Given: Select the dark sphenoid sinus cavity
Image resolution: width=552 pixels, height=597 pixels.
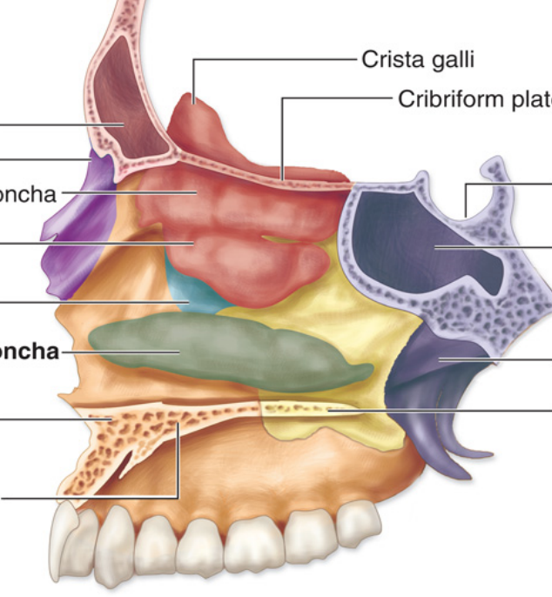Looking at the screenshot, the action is (x=435, y=244).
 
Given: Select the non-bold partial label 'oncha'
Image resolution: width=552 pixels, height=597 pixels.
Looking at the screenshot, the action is (x=27, y=193).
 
